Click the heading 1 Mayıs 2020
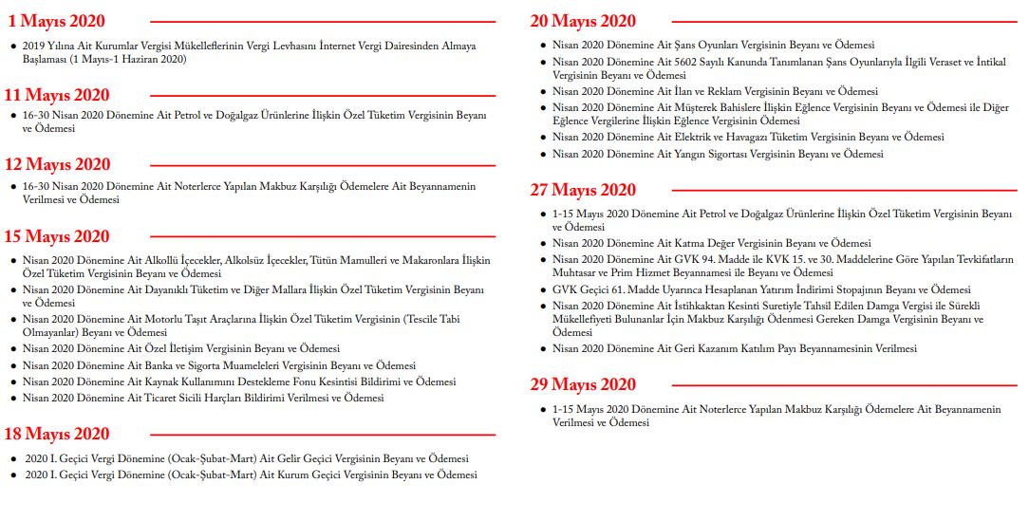57,21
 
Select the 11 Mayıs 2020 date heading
57,94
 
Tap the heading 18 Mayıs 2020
57,434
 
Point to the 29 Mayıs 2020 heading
583,384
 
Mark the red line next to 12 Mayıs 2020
323,165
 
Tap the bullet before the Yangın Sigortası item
542,154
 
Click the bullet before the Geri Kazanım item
542,349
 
